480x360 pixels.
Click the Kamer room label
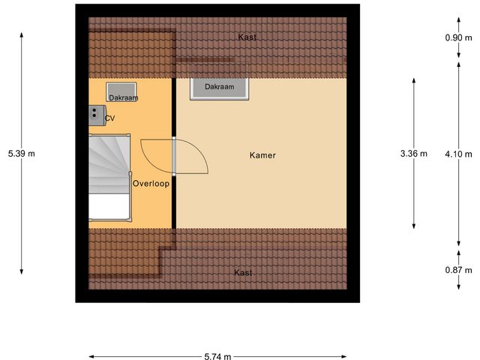point(262,156)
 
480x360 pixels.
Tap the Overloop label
point(151,183)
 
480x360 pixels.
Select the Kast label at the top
point(247,37)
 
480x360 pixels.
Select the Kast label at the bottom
point(242,272)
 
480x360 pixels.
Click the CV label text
point(110,118)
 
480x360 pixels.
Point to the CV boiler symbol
point(95,114)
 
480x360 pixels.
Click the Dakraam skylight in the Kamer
point(219,87)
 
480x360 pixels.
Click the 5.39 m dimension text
point(22,154)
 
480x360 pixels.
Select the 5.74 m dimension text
point(218,356)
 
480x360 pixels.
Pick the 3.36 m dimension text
point(414,154)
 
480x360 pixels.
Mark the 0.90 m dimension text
point(457,37)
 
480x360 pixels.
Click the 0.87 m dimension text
point(457,270)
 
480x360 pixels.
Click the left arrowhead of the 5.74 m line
point(91,356)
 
